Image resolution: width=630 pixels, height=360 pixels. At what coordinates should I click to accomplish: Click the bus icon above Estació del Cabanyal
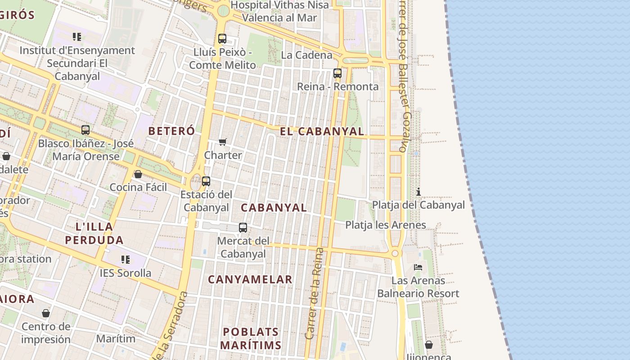point(206,181)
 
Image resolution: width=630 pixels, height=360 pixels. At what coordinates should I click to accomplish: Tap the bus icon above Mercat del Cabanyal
point(243,228)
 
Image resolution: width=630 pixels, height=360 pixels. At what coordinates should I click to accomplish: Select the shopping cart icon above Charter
point(222,142)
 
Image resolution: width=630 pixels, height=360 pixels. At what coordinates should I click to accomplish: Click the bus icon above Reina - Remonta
point(337,73)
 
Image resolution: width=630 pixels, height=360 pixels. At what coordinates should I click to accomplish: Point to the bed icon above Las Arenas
point(418,267)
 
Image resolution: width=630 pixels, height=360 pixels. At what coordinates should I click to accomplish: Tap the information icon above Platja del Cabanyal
point(418,192)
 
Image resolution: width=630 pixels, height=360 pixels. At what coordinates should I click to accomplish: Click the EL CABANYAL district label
point(322,131)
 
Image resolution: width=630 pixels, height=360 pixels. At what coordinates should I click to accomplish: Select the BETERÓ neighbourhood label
point(171,131)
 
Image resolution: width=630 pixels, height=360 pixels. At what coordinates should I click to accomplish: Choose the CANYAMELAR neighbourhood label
point(250,279)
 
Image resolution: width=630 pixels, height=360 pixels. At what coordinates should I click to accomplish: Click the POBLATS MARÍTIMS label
point(252,338)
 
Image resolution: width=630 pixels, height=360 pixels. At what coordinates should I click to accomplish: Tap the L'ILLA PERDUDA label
point(94,233)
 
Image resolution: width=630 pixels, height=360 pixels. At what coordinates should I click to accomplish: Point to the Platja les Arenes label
point(386,225)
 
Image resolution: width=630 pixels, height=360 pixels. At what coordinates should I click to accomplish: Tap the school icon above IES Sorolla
point(126,260)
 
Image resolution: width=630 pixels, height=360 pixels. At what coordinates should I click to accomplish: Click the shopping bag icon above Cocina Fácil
point(138,174)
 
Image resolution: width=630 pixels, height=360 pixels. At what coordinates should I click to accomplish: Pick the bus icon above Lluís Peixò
point(222,39)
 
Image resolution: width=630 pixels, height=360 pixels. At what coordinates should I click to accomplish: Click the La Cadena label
point(306,55)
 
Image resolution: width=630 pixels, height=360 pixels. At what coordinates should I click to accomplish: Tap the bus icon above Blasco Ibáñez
point(85,130)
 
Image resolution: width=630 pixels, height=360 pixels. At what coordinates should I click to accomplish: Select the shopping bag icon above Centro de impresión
point(46,313)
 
